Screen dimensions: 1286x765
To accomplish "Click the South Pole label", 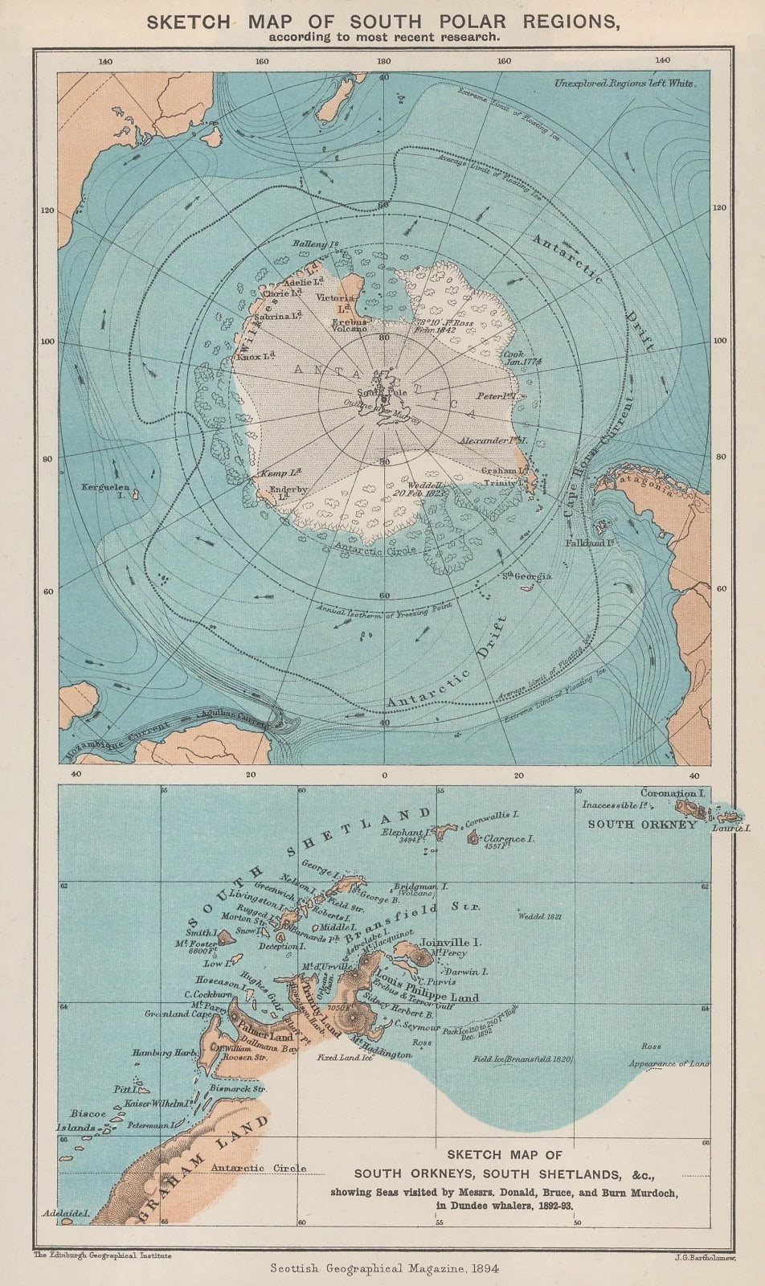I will (382, 392).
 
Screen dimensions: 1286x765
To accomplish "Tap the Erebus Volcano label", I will (350, 325).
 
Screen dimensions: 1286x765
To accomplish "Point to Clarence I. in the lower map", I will (509, 838).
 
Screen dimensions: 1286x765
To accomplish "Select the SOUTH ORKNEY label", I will (642, 824).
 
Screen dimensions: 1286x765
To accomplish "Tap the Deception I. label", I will (278, 947).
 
